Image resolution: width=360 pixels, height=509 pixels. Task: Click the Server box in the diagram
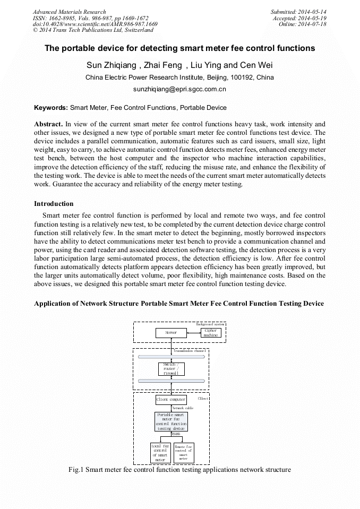pyautogui.click(x=171, y=333)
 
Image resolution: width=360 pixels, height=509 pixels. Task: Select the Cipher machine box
pyautogui.click(x=210, y=333)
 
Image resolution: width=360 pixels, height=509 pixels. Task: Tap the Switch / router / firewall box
pyautogui.click(x=171, y=369)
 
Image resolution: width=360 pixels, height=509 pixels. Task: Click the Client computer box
pyautogui.click(x=171, y=399)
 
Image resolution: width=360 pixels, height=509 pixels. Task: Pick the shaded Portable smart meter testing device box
pyautogui.click(x=171, y=421)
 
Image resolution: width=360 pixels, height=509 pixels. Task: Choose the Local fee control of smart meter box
pyautogui.click(x=160, y=453)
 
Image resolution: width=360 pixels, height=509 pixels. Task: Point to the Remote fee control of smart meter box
pyautogui.click(x=184, y=453)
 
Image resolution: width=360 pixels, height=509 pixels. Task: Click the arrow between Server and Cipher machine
pyautogui.click(x=194, y=333)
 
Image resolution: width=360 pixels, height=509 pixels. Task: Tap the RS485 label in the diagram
pyautogui.click(x=176, y=434)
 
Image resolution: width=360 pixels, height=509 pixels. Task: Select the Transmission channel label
pyautogui.click(x=190, y=351)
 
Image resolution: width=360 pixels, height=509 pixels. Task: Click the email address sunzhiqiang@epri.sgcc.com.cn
pyautogui.click(x=179, y=90)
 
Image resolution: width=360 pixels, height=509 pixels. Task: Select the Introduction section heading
pyautogui.click(x=54, y=204)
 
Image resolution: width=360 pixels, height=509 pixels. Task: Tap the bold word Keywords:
pyautogui.click(x=51, y=108)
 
